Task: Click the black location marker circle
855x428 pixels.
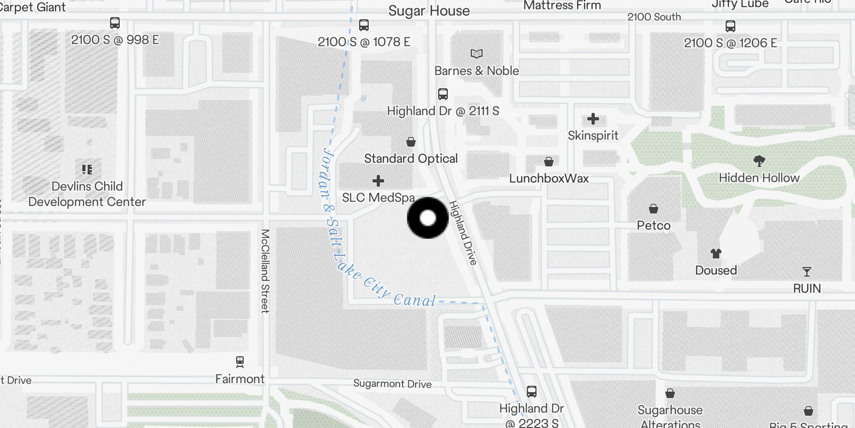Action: point(428,218)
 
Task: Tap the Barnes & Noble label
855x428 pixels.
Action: point(476,71)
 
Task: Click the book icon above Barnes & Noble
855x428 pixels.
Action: point(477,53)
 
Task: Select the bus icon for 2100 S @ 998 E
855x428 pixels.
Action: point(115,23)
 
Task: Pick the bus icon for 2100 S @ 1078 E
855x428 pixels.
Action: point(364,25)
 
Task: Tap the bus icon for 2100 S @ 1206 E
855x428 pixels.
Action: point(730,26)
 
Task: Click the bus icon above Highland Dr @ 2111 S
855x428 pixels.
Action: point(443,94)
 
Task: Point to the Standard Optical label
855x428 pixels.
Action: point(411,158)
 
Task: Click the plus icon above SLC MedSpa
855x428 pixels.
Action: point(378,181)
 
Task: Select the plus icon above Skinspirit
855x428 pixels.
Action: point(593,119)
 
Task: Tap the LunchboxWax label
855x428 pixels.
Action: point(549,178)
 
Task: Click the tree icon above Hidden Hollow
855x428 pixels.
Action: point(759,160)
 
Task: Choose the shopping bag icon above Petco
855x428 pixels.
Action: point(654,209)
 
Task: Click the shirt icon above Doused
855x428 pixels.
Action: point(716,254)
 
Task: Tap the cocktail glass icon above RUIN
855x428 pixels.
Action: point(807,272)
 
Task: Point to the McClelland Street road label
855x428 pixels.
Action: point(265,271)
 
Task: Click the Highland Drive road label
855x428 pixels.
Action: point(463,233)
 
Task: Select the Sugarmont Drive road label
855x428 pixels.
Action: point(392,384)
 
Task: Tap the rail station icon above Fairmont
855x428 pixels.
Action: point(240,362)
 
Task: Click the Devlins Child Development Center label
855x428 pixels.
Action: point(87,194)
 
